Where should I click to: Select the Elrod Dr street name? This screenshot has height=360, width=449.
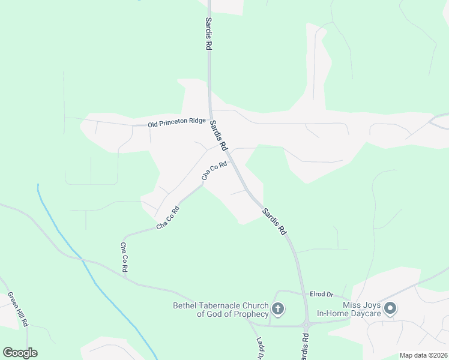321,295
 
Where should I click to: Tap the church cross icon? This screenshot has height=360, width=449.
277,310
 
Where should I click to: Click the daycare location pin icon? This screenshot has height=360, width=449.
390,309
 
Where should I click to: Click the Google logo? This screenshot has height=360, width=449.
20,353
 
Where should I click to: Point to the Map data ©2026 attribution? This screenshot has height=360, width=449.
423,355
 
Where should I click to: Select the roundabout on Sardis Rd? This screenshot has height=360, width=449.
306,326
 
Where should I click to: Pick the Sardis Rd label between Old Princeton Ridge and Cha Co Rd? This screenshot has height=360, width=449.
218,135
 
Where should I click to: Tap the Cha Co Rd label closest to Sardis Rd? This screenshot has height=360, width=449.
214,170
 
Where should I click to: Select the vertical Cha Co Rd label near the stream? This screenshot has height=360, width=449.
124,257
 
